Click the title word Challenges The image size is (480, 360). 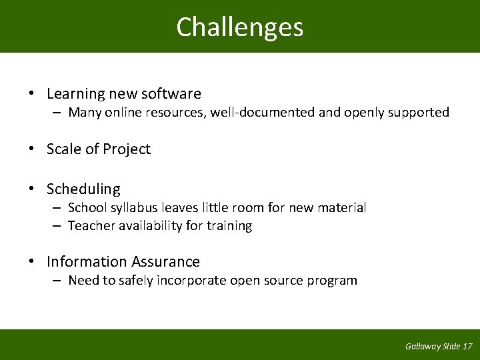coord(240,27)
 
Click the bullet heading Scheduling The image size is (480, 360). coord(83,190)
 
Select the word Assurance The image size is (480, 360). coord(166,262)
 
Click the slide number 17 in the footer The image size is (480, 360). coord(467,346)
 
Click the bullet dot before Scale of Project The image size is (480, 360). coord(32,149)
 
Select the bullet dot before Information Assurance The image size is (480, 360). coord(32,262)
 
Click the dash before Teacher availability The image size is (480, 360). coord(58,226)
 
